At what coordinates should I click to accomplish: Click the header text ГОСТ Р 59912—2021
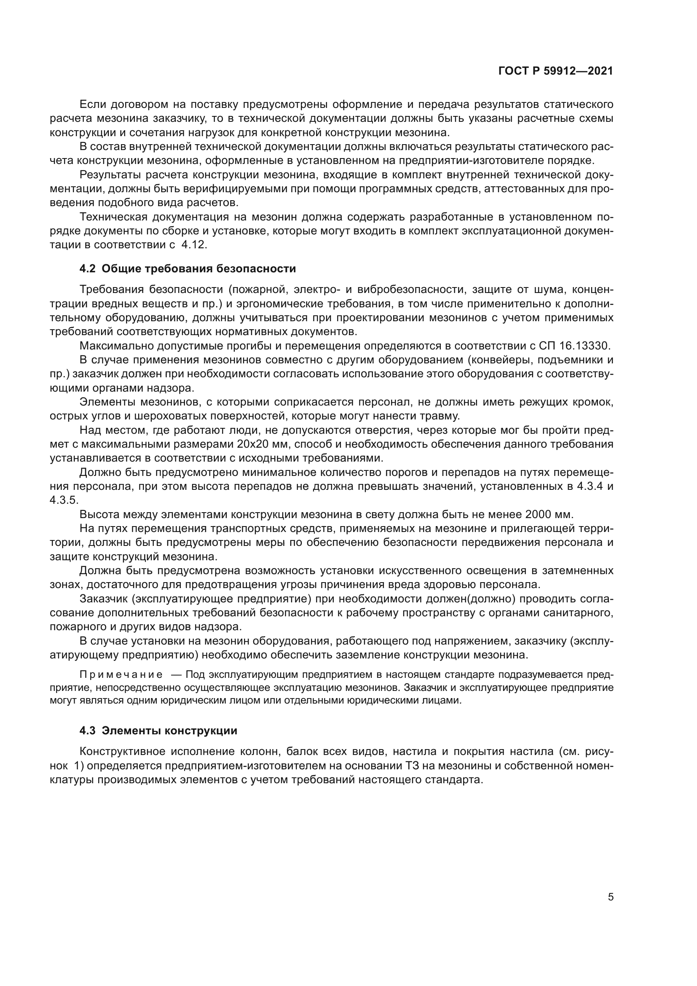pos(555,71)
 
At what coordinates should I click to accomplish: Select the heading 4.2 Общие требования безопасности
pos(188,269)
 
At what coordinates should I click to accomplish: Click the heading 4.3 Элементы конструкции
pos(158,731)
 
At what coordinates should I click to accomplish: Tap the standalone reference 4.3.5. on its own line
pos(64,501)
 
